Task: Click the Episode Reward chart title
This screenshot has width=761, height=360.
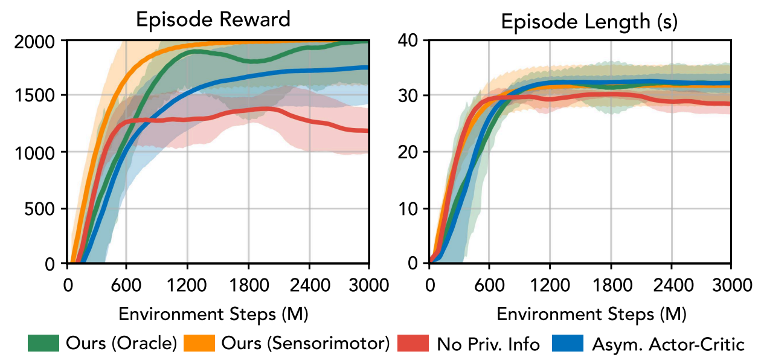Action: click(x=213, y=19)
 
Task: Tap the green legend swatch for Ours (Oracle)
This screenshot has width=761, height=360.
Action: click(x=43, y=344)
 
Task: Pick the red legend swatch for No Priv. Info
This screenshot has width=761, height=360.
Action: click(x=414, y=344)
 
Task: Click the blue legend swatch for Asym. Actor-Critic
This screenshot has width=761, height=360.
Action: click(x=568, y=344)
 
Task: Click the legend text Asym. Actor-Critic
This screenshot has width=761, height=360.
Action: click(x=667, y=344)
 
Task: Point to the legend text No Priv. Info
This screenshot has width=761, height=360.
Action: click(x=488, y=344)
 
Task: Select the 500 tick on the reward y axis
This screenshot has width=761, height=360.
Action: click(x=46, y=209)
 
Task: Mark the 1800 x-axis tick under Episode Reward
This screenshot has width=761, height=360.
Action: click(x=248, y=284)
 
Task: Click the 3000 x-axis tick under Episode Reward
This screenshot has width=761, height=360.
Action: click(x=369, y=284)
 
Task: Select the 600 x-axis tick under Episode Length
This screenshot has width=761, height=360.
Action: click(x=489, y=284)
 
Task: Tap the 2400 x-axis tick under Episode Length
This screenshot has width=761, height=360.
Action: click(x=671, y=284)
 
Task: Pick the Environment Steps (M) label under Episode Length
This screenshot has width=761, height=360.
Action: click(x=591, y=314)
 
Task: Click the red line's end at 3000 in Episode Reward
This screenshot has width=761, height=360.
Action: click(x=368, y=130)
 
